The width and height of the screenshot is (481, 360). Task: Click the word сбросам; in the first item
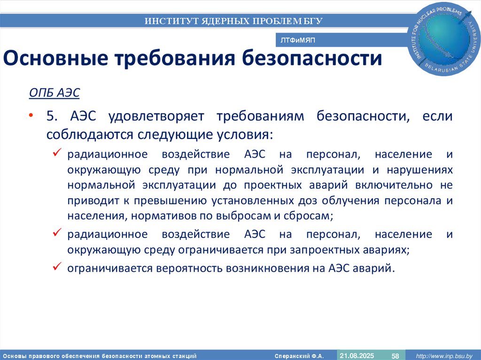[x=310, y=216]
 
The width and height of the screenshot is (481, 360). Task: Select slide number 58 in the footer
[x=396, y=356]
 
